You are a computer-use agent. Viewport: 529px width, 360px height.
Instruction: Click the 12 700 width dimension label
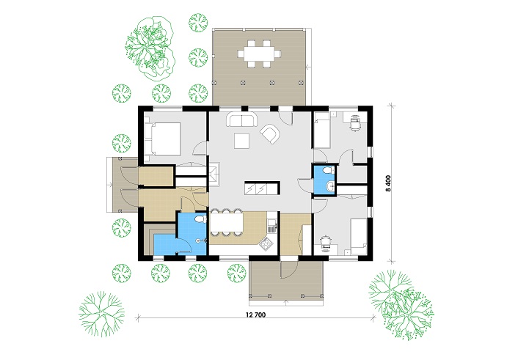coord(255,315)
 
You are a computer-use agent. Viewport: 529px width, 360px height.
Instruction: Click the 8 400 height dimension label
coord(388,183)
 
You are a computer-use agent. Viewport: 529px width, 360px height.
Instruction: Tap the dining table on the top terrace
coord(259,54)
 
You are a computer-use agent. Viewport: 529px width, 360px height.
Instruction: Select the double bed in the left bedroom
coord(162,139)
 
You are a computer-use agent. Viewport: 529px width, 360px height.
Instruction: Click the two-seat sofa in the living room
coord(241,120)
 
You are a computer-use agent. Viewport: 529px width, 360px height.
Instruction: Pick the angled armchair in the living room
coord(270,133)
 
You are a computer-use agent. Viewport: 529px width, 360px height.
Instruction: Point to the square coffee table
coord(242,141)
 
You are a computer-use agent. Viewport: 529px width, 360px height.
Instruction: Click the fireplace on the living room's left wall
coord(214,174)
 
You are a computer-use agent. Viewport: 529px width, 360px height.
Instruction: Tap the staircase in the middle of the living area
coord(262,188)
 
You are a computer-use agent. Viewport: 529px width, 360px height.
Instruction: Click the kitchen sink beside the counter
coord(272,225)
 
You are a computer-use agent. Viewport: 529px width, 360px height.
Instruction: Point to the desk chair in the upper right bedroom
coord(355,122)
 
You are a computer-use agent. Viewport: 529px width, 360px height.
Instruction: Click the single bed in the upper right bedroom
coord(322,130)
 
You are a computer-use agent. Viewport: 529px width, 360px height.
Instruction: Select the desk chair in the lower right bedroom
coord(326,243)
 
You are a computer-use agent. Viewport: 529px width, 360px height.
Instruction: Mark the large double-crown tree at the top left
coord(150,47)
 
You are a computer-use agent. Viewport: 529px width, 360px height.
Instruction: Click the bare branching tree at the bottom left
coord(101,314)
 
